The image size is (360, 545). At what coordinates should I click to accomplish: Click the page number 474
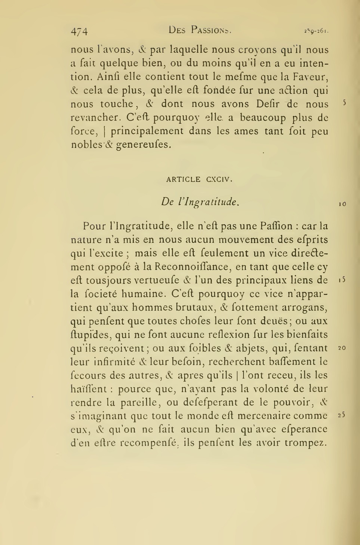coord(79,31)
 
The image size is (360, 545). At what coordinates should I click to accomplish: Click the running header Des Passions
coord(200,30)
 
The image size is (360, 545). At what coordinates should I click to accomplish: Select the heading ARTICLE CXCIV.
coord(200,179)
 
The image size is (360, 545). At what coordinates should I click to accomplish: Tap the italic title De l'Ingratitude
coord(200,202)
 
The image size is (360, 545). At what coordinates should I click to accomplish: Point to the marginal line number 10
coord(342,204)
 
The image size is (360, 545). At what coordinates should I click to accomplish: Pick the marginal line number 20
coord(342,348)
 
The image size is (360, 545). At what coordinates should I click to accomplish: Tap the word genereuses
coord(144,145)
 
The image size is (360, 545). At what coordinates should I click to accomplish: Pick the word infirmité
coord(111,362)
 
